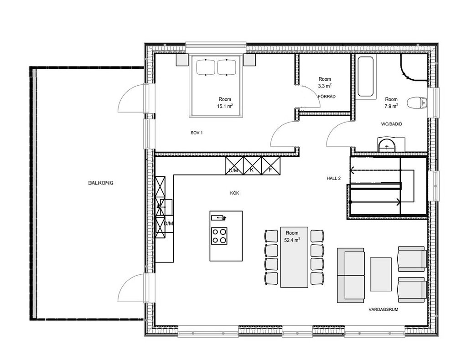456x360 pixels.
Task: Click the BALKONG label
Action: coord(101,183)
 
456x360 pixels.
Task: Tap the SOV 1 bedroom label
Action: coord(197,133)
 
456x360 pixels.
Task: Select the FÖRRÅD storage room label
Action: coord(326,97)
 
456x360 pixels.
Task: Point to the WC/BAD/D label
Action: coord(392,124)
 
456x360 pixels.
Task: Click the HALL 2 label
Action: coord(334,178)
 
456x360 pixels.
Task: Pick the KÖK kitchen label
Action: coord(234,193)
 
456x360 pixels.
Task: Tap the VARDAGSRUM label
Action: coord(383,309)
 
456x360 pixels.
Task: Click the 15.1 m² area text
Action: coord(225,106)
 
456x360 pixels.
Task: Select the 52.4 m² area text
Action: coord(292,240)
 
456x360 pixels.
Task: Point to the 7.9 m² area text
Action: coord(391,106)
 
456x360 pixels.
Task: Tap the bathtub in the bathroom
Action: coord(366,77)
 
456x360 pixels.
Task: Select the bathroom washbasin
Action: coord(387,144)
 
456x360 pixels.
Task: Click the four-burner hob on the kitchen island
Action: coord(219,236)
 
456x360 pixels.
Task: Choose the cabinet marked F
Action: coord(271,165)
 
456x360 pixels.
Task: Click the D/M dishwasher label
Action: coord(168,223)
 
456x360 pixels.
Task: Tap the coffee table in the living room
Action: coord(381,274)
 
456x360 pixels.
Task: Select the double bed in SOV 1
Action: coord(216,86)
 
